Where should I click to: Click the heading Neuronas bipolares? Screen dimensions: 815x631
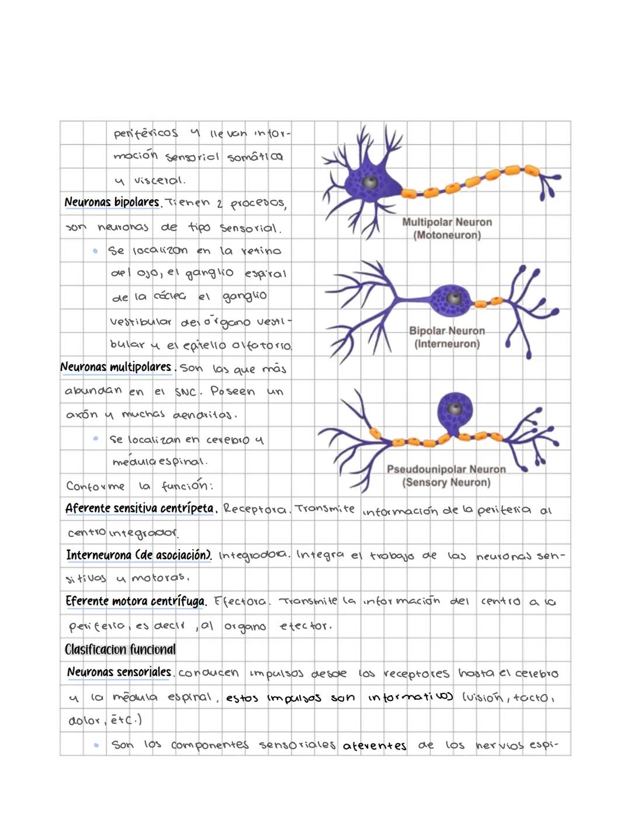tap(112, 202)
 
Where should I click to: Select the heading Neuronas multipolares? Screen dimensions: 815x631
tap(116, 367)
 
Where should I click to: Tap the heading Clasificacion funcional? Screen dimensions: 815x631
tap(120, 649)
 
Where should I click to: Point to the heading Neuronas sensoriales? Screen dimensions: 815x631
tap(119, 672)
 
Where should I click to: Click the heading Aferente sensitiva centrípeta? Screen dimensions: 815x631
tap(140, 508)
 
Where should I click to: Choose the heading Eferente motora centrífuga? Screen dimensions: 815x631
tap(136, 601)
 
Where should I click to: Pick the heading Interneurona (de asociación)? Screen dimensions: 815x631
tap(138, 554)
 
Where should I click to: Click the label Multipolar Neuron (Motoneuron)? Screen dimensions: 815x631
tap(447, 228)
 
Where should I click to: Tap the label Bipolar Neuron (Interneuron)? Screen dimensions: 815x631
tap(447, 337)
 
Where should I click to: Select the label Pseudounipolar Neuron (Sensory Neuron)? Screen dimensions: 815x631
tap(446, 476)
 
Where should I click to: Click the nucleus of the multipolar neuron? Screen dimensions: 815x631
tap(369, 182)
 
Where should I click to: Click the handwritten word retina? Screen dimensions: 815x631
tap(261, 251)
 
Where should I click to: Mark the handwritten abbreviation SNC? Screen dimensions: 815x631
tap(186, 392)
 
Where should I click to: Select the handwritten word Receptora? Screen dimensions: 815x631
tap(255, 509)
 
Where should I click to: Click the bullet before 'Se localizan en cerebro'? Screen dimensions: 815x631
tap(96, 438)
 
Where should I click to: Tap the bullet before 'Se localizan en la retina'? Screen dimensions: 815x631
tap(95, 251)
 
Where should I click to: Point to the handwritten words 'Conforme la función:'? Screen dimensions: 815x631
tap(139, 485)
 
